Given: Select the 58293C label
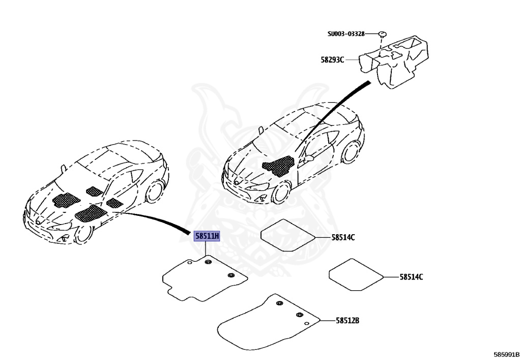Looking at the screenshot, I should pos(332,60).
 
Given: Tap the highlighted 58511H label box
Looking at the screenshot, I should pos(206,236).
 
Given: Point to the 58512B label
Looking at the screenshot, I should pos(348,321).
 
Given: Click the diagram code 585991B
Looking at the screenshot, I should pos(506,353).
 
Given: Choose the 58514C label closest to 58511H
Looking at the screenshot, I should pos(343,237).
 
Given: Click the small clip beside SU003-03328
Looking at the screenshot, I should pos(383,34).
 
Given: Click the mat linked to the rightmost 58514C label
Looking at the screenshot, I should pos(356,274).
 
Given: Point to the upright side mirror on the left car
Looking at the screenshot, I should pos(63,168).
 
